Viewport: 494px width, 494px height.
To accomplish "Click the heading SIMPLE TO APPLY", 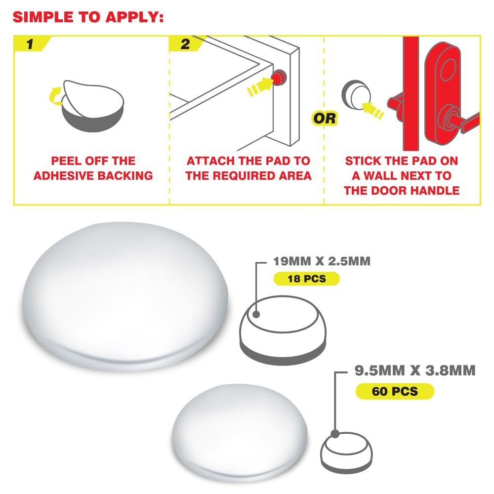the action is click(88, 17).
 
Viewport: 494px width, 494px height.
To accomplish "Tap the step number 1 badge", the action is click(32, 44).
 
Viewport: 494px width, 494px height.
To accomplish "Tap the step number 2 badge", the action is click(186, 44).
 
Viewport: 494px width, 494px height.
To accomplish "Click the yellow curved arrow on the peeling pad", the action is click(56, 96).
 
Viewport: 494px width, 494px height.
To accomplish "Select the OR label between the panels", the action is click(325, 119).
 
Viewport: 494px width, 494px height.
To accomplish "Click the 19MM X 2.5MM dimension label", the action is click(322, 261).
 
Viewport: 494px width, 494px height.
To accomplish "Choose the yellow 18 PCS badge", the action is click(307, 279).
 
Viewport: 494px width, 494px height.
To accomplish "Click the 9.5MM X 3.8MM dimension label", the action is click(415, 370).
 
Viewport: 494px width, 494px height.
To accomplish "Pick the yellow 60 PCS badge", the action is click(395, 391).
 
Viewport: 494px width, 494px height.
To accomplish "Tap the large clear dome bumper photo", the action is click(125, 296).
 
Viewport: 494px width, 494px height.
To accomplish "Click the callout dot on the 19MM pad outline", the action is click(256, 314).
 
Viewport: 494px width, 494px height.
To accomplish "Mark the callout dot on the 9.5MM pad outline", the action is click(335, 434).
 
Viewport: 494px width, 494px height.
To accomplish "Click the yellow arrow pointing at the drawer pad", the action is click(260, 86).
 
